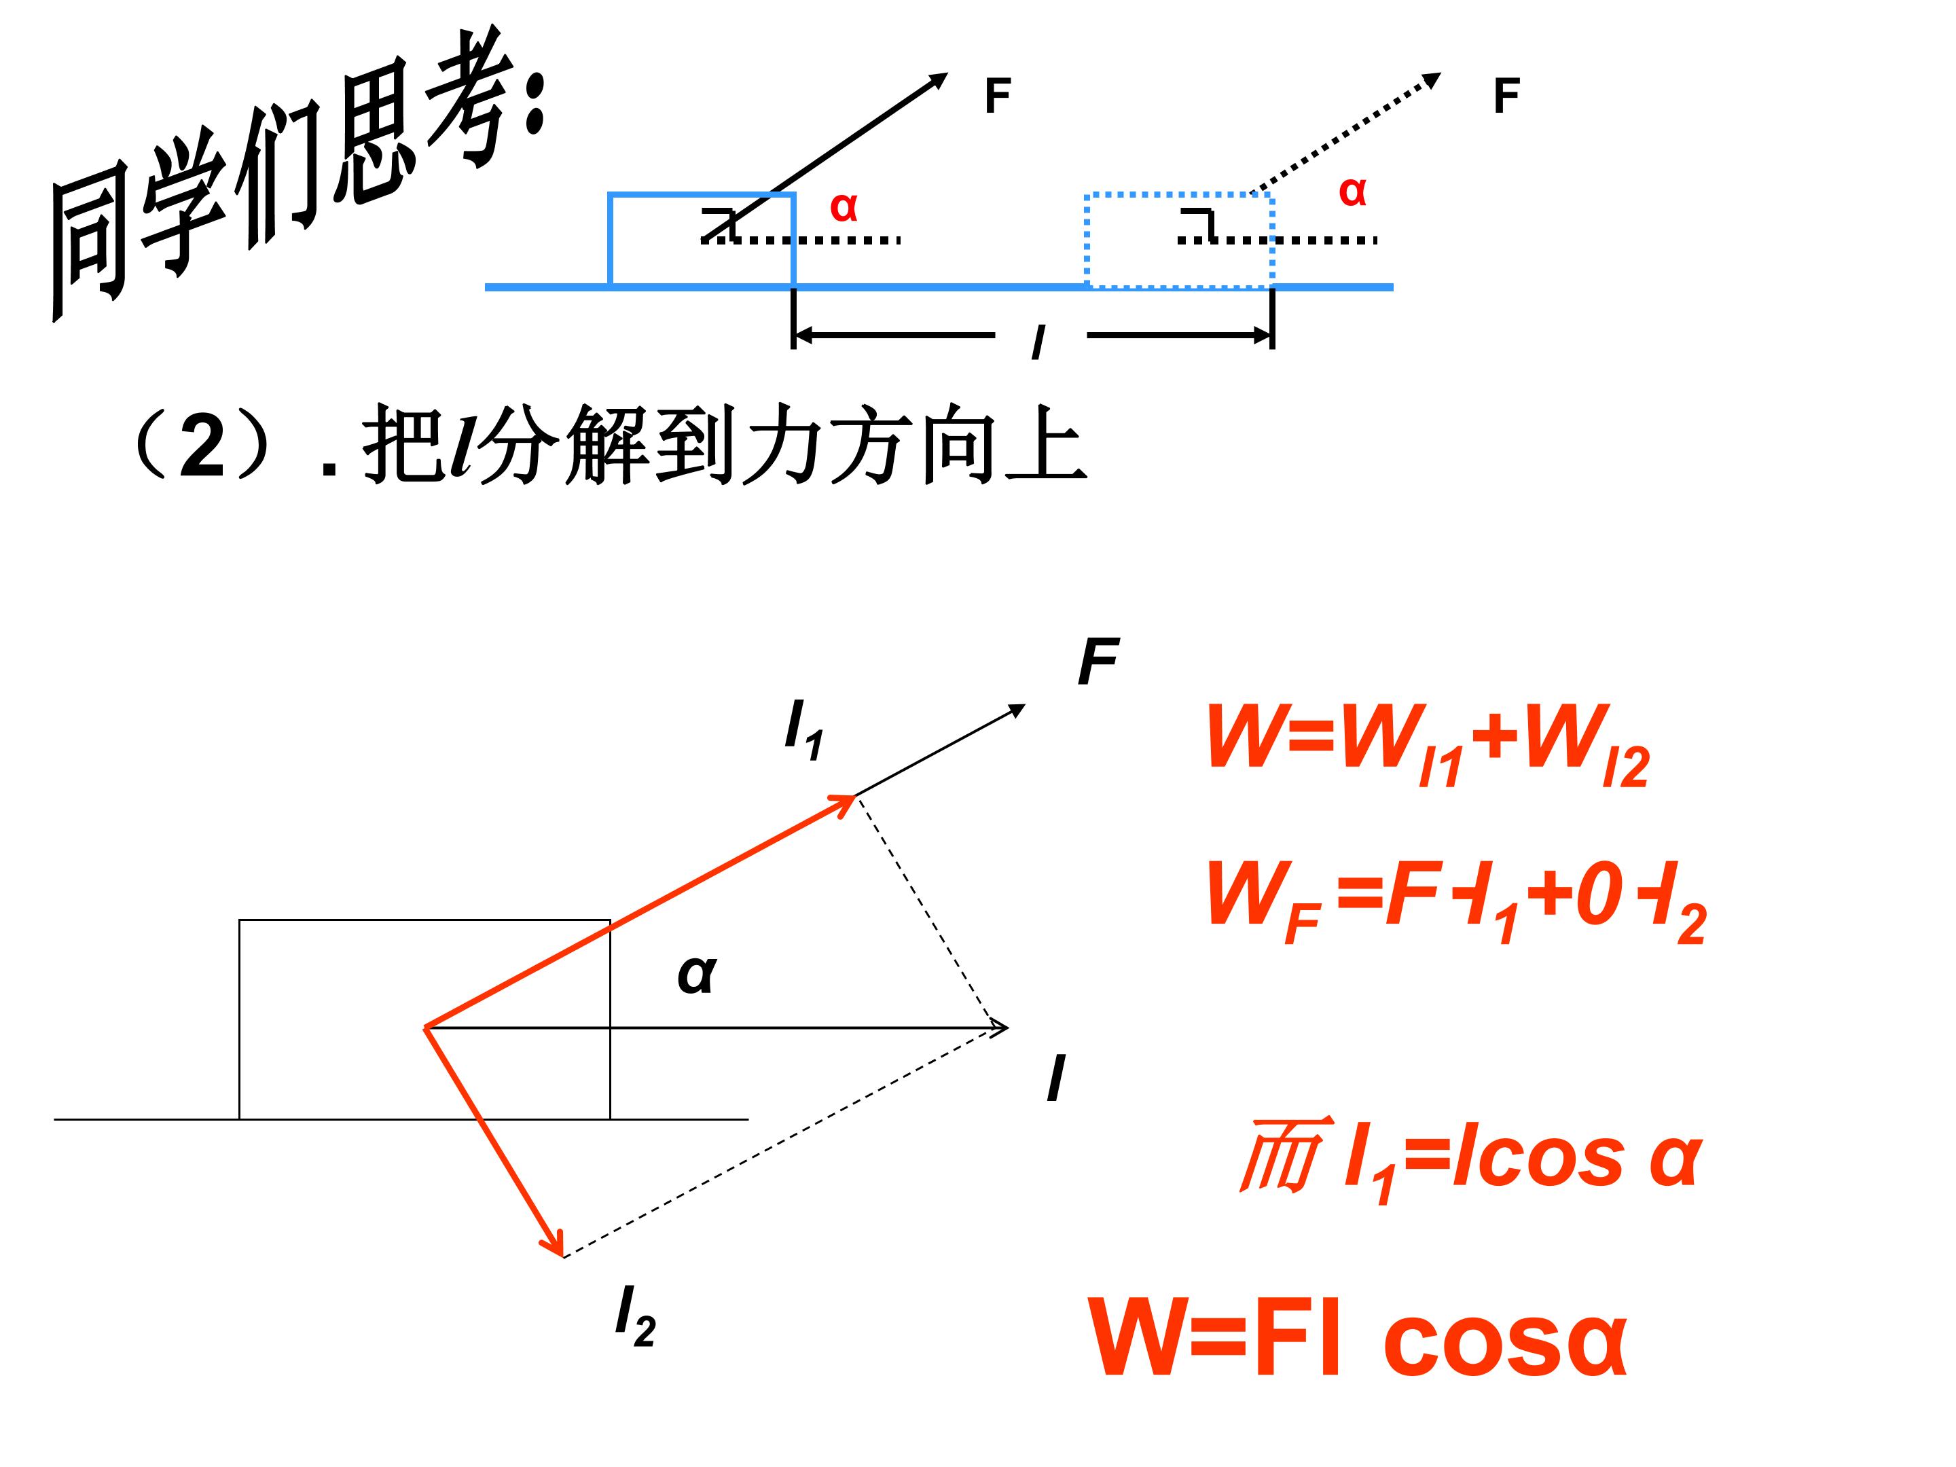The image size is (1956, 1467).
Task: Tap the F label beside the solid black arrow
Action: pyautogui.click(x=998, y=96)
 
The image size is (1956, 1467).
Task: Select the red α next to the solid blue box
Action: pyautogui.click(x=844, y=207)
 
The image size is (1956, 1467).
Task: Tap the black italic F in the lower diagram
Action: pyautogui.click(x=1098, y=662)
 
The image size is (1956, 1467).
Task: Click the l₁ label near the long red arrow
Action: pyautogui.click(x=804, y=729)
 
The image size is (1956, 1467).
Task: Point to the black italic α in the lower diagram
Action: pyautogui.click(x=697, y=975)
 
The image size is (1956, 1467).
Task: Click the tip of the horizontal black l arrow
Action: pyautogui.click(x=1007, y=1028)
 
